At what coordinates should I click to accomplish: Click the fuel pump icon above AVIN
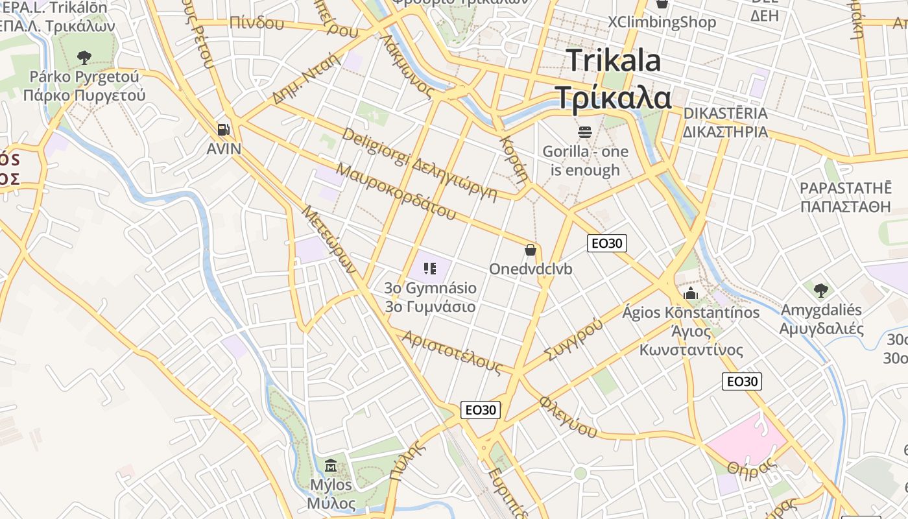click(x=224, y=130)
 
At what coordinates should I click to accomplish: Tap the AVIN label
click(x=224, y=149)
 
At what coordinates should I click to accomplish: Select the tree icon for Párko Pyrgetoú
click(x=84, y=58)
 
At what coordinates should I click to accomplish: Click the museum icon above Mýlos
click(x=331, y=465)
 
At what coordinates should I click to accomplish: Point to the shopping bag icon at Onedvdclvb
click(x=531, y=250)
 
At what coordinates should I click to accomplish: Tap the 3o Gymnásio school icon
click(x=429, y=268)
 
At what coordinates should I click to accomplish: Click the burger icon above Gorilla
click(x=585, y=132)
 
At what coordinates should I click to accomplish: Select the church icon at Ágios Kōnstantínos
click(x=691, y=293)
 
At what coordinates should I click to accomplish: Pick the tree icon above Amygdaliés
click(x=821, y=289)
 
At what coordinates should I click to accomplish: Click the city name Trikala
click(x=614, y=61)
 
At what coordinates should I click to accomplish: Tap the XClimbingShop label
click(x=662, y=22)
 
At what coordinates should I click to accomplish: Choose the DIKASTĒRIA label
click(x=724, y=114)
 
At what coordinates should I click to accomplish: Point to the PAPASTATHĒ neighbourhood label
click(x=845, y=188)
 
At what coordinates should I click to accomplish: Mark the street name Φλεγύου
click(x=568, y=416)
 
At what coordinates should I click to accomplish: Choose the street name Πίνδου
click(x=257, y=23)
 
